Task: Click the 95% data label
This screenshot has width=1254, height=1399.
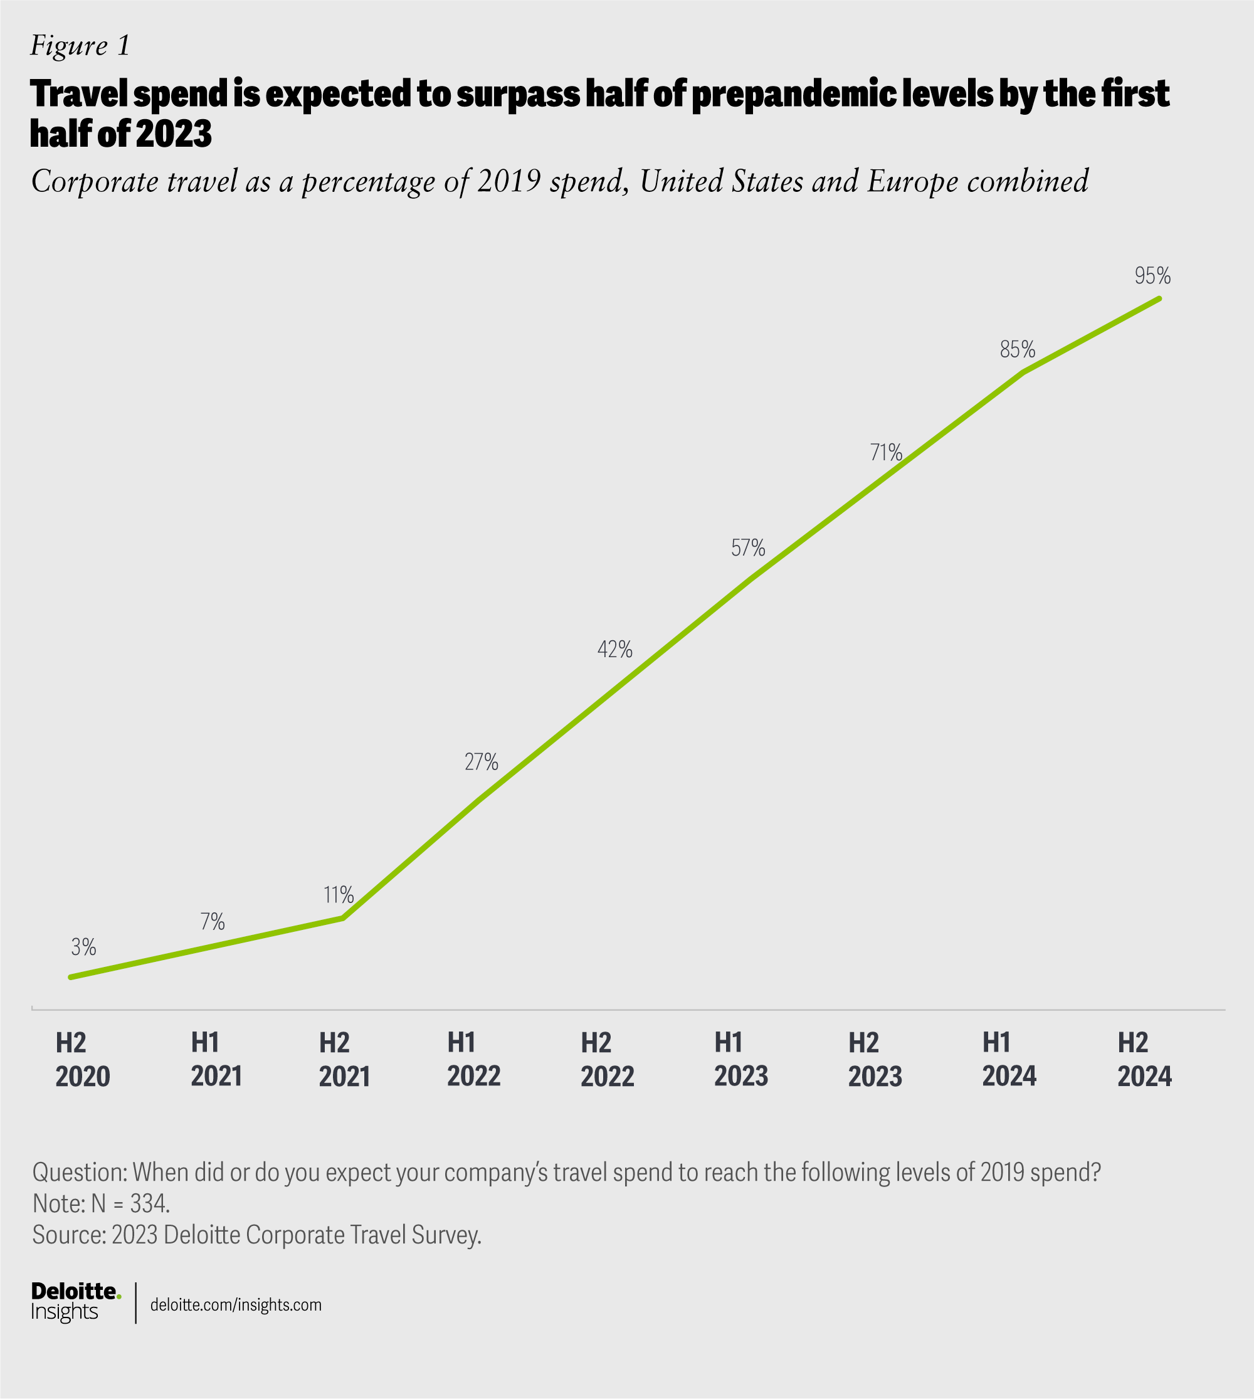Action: point(1152,277)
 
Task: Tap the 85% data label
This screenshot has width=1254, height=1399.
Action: point(1018,350)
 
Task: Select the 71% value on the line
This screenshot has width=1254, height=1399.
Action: point(886,452)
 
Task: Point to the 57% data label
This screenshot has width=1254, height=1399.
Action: point(748,548)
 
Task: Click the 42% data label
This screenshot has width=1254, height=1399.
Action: point(614,649)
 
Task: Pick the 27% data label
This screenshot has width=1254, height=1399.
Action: point(481,761)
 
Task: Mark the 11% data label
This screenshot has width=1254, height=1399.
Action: point(339,895)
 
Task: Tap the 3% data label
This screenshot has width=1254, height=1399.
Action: point(83,948)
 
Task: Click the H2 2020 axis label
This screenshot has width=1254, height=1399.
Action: point(83,1060)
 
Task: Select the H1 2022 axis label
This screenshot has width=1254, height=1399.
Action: point(474,1060)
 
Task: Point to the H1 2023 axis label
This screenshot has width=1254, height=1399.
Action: point(740,1060)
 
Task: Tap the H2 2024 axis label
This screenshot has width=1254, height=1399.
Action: point(1144,1060)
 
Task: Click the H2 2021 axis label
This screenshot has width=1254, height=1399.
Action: point(344,1060)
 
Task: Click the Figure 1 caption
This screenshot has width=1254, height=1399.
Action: point(80,46)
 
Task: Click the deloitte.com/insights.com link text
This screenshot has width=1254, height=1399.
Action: point(236,1304)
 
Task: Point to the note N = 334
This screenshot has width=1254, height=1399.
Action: point(102,1204)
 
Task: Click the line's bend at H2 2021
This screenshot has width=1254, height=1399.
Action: point(342,918)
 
